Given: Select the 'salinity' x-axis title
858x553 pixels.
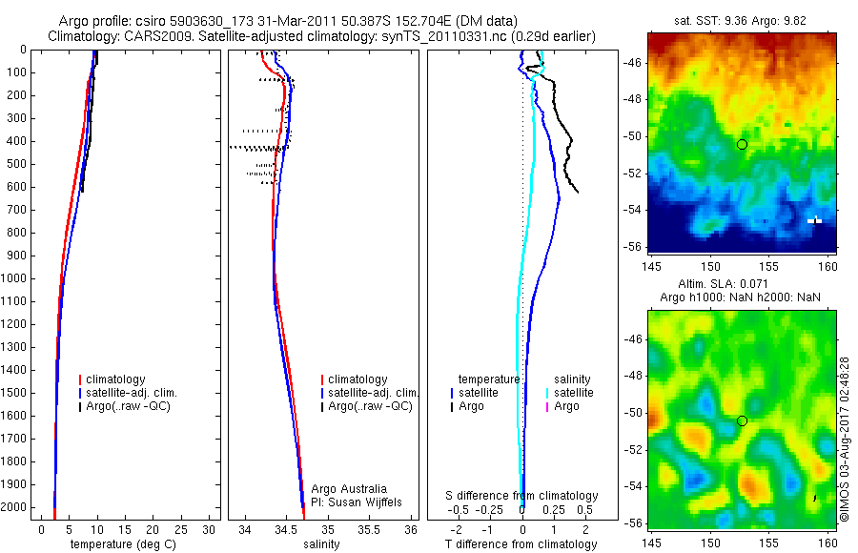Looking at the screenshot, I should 321,544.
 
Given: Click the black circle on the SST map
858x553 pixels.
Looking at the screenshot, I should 742,144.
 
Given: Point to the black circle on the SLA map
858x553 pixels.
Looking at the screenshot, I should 742,420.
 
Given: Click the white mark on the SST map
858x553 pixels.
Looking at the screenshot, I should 814,220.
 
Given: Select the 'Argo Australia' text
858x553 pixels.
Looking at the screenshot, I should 349,488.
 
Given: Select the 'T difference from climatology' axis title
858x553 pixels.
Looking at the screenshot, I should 521,544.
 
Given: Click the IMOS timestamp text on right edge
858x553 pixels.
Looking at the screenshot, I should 845,440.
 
